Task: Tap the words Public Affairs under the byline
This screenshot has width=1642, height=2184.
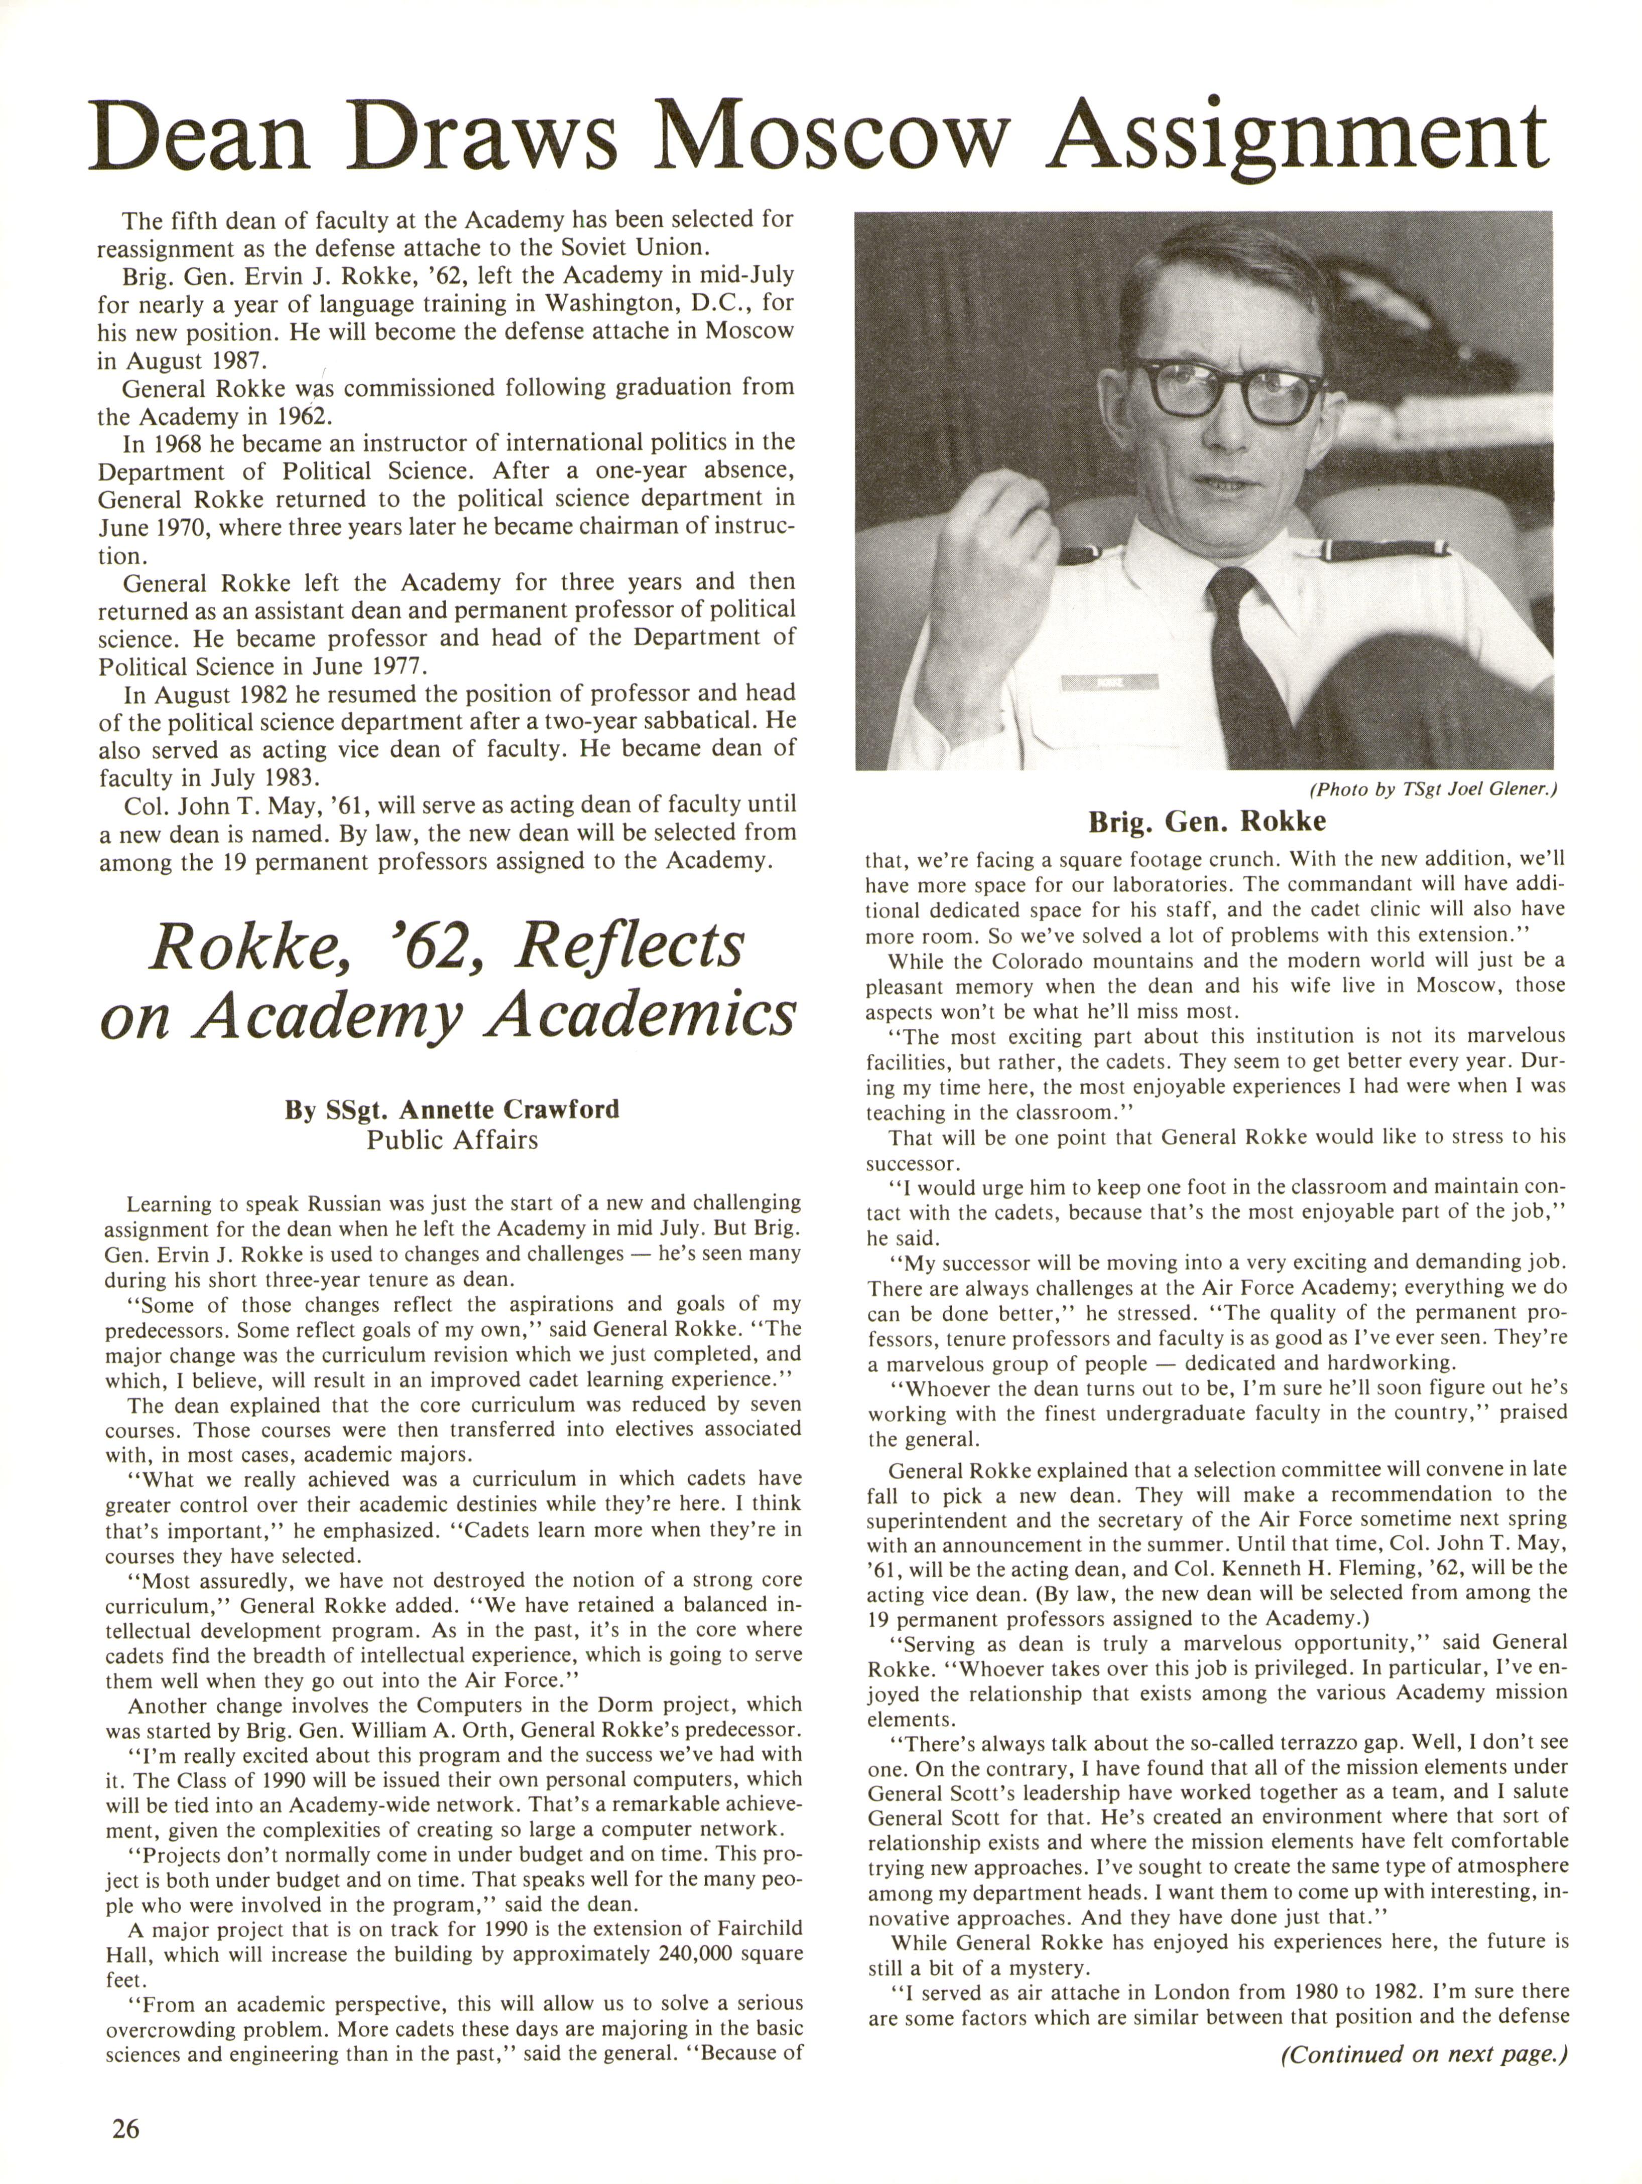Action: pos(452,1140)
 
